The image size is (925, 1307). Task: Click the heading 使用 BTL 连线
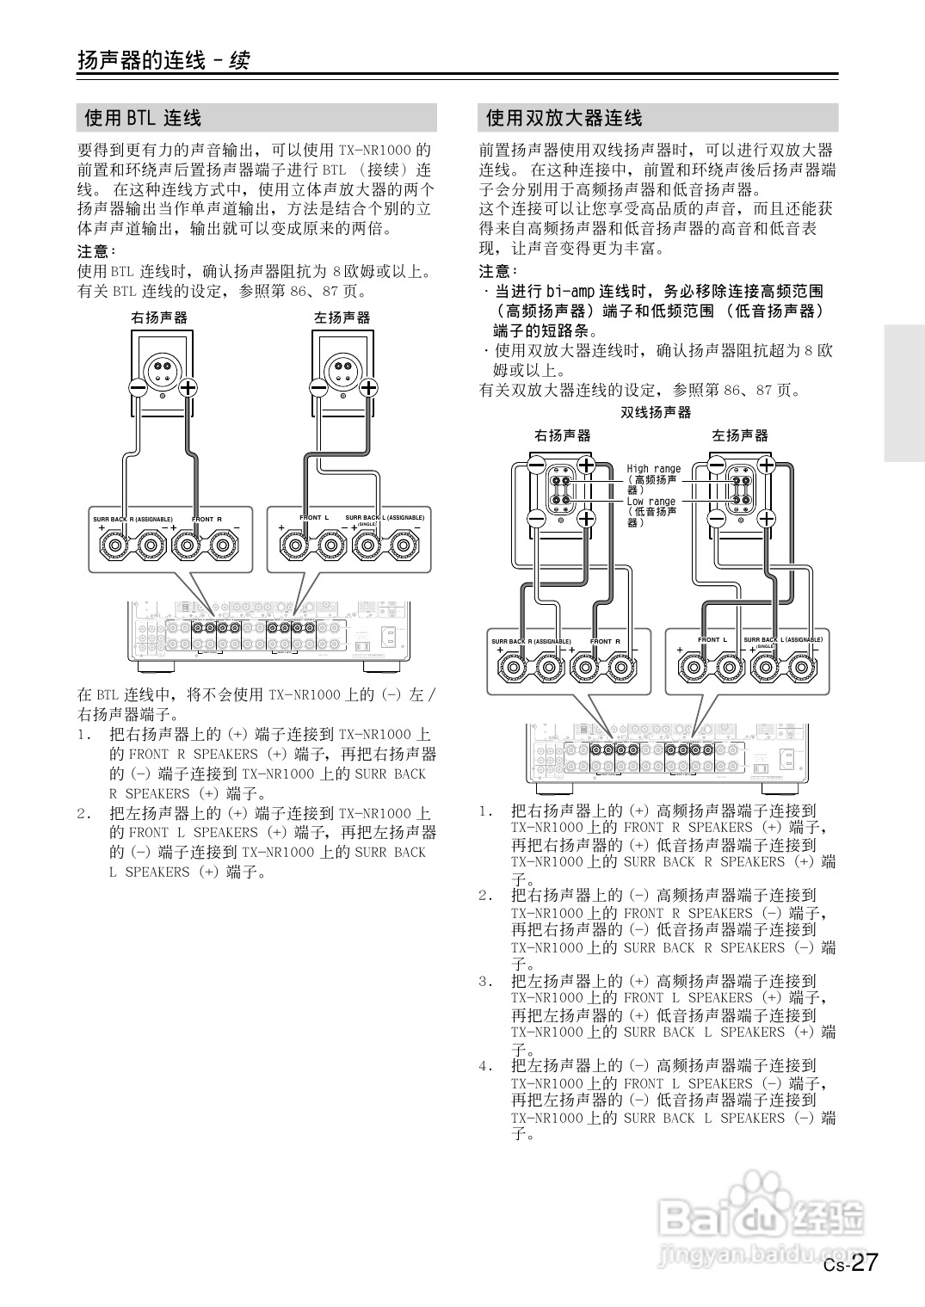pos(143,118)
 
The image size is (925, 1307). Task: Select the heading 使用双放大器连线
pos(564,118)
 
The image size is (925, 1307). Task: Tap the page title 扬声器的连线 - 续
pos(163,60)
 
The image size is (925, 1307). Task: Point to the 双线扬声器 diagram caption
pos(656,413)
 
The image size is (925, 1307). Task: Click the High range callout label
pos(653,469)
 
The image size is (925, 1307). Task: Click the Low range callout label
pos(651,502)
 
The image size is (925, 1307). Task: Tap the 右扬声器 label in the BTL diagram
pos(159,318)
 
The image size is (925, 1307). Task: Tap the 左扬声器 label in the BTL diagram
pos(342,318)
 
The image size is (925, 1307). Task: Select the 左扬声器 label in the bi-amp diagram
pos(740,435)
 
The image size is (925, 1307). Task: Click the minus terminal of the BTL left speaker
pos(318,388)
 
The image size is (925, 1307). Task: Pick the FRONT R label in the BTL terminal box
pos(207,520)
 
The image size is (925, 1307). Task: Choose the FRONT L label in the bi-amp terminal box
pos(712,640)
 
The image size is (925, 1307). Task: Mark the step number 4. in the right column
pos(486,1067)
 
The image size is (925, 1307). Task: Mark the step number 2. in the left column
pos(84,813)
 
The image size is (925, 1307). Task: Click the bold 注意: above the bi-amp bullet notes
pos(495,271)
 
